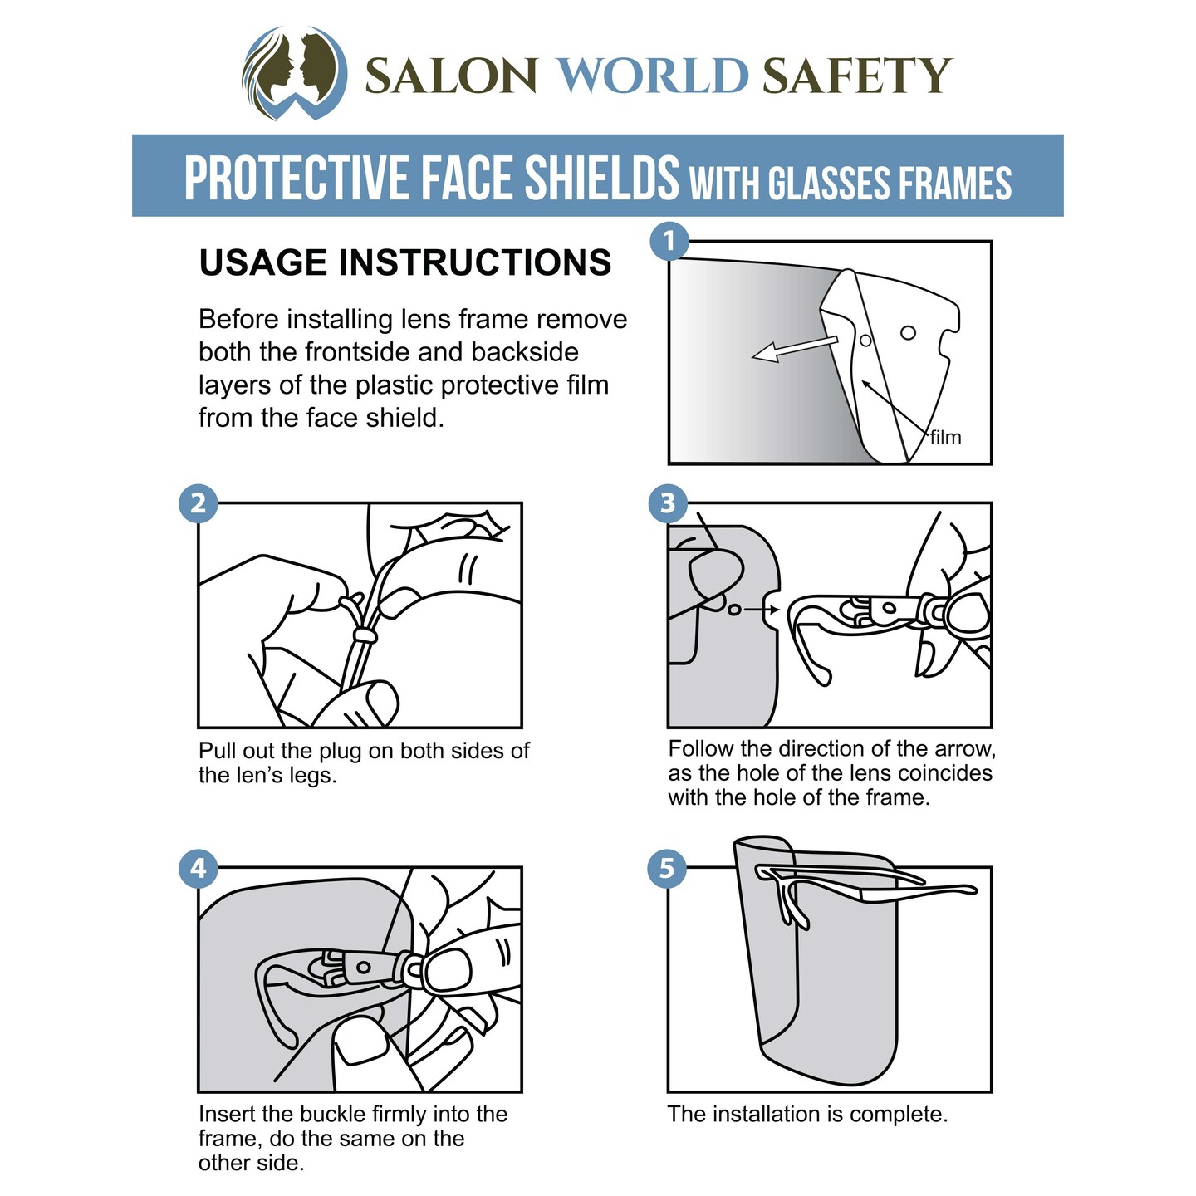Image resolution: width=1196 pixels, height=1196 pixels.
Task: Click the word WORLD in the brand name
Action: [654, 76]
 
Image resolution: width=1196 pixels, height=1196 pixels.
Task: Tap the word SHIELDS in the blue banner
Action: [601, 177]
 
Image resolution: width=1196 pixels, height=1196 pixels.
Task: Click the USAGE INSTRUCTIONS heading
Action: [405, 262]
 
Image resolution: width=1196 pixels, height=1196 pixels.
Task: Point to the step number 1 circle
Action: [669, 242]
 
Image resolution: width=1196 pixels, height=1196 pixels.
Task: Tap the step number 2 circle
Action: [198, 503]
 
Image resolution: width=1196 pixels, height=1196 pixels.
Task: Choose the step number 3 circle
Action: [668, 503]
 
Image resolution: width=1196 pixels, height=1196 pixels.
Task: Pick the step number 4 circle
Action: [198, 868]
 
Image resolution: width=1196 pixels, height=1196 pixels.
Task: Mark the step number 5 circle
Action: [667, 868]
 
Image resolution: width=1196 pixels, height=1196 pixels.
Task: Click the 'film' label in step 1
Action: [946, 437]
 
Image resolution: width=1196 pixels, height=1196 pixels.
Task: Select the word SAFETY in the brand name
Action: [857, 76]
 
